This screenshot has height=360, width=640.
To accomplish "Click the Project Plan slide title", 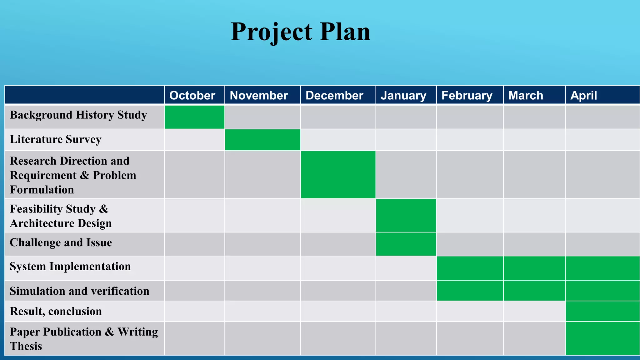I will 300,32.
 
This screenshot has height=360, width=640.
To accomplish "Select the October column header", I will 192,95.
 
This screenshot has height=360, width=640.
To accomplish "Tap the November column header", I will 259,95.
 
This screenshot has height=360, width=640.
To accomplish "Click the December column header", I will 334,95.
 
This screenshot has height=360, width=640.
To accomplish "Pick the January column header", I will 403,95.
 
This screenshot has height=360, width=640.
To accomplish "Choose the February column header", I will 467,95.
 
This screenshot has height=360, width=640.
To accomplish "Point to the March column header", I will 526,95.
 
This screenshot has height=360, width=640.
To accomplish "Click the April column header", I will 583,95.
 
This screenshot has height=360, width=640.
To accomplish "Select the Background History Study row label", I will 78,115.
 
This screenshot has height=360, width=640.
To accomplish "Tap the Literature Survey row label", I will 56,139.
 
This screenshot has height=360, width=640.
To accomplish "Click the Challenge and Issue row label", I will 61,243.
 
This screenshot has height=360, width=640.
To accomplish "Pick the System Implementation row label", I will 70,267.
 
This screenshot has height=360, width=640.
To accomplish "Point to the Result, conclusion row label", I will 56,312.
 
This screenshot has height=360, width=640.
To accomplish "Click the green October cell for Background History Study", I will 194,117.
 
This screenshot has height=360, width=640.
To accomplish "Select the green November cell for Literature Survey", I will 262,140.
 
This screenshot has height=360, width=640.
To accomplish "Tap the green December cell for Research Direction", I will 338,175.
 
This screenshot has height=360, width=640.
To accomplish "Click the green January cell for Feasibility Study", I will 406,215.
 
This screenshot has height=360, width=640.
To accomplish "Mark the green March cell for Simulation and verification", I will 534,291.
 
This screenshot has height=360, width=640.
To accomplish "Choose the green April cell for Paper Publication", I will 602,338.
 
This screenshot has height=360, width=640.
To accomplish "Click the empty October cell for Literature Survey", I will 194,140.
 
